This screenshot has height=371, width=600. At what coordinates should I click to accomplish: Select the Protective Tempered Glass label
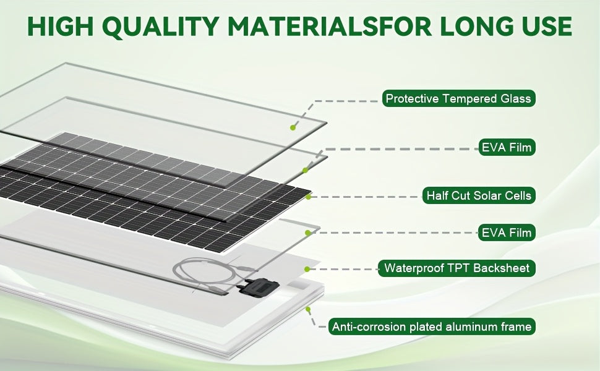click(458, 98)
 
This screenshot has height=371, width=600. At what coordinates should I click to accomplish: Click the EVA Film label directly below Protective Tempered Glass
click(506, 147)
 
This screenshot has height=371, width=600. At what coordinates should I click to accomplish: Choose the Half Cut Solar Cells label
click(478, 195)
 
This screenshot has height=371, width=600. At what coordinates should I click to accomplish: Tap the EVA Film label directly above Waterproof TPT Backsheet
click(506, 232)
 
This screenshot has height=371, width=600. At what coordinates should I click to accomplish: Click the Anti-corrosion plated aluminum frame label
click(432, 326)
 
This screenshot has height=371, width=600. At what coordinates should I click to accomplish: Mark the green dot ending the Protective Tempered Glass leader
click(293, 127)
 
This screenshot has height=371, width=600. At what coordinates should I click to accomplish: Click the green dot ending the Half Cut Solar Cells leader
click(307, 196)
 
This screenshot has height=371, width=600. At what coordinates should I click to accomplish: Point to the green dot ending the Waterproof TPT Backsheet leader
click(307, 268)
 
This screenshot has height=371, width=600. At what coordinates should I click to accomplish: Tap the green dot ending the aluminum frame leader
click(307, 307)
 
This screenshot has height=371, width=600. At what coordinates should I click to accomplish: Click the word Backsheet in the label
click(505, 268)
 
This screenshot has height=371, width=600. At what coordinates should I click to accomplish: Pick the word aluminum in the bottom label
click(471, 326)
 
